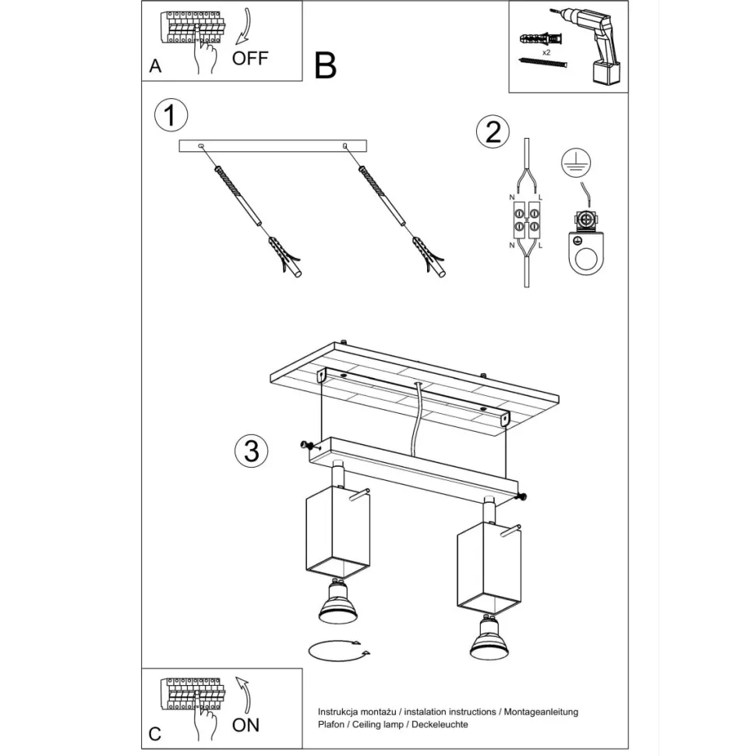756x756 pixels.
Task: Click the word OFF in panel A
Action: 249,58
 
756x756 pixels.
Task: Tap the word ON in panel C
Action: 246,725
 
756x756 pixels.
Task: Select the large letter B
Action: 326,65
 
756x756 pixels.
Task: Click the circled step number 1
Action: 171,115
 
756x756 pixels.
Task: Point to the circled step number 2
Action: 493,132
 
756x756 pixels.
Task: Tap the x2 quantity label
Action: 546,52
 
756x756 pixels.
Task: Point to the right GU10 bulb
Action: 489,637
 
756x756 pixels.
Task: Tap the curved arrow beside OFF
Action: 245,26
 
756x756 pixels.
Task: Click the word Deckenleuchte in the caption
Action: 440,724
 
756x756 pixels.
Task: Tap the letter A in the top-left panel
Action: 155,66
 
